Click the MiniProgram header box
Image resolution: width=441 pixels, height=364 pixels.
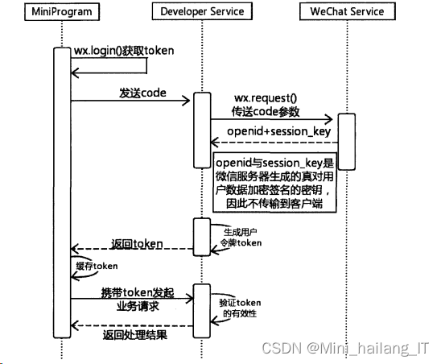coord(62,11)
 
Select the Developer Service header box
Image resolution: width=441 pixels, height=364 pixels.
coord(202,11)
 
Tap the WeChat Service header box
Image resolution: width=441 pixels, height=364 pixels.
coord(348,11)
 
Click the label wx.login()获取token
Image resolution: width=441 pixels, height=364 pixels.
coord(124,51)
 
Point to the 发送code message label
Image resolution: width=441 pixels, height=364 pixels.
coord(142,93)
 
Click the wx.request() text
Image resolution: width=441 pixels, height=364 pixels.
coord(266,98)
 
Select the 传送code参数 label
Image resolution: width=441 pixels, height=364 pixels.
coord(266,111)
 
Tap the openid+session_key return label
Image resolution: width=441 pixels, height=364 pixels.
coord(278,131)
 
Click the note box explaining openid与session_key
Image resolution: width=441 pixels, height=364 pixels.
coord(274,182)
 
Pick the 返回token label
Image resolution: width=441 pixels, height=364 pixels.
coord(137,244)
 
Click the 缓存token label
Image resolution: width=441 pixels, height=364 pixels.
coord(97,266)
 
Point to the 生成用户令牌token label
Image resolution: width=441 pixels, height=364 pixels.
coord(241,238)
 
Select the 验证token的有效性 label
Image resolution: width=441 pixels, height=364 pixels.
coord(240,308)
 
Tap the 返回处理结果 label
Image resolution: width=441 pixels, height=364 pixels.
coord(135,335)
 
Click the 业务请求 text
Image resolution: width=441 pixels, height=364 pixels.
coord(138,306)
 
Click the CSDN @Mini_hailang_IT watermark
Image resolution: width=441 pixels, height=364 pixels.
coord(345,348)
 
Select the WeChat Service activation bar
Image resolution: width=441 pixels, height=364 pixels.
coord(347,142)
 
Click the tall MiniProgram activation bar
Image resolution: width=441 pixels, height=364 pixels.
coord(62,192)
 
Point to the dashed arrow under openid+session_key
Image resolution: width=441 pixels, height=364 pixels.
coord(274,143)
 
